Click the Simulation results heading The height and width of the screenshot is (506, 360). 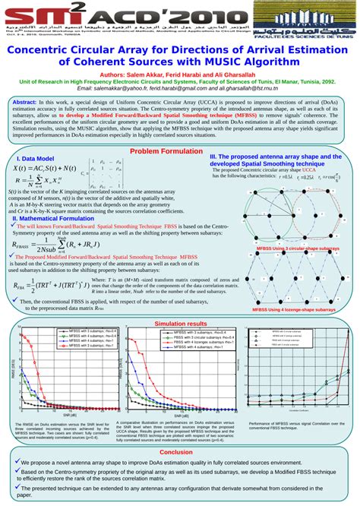tap(181, 324)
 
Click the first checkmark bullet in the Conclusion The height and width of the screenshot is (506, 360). tap(17, 461)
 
